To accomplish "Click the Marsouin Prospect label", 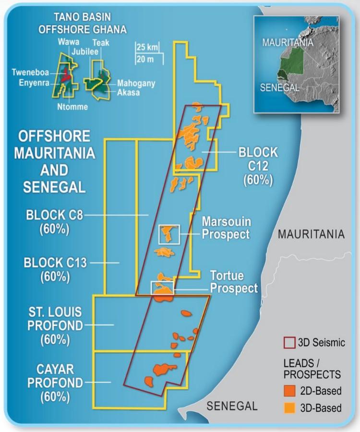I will coord(226,228).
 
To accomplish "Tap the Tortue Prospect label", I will coord(234,282).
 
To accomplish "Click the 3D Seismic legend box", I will coord(288,343).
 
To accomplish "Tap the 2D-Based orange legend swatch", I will coord(288,391).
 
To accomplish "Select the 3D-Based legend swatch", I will coord(288,408).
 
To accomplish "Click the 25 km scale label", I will coord(147,48).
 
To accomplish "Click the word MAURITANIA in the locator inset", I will coord(288,42).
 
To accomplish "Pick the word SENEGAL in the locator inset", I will coord(279,87).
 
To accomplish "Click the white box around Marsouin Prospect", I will coord(168,234).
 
